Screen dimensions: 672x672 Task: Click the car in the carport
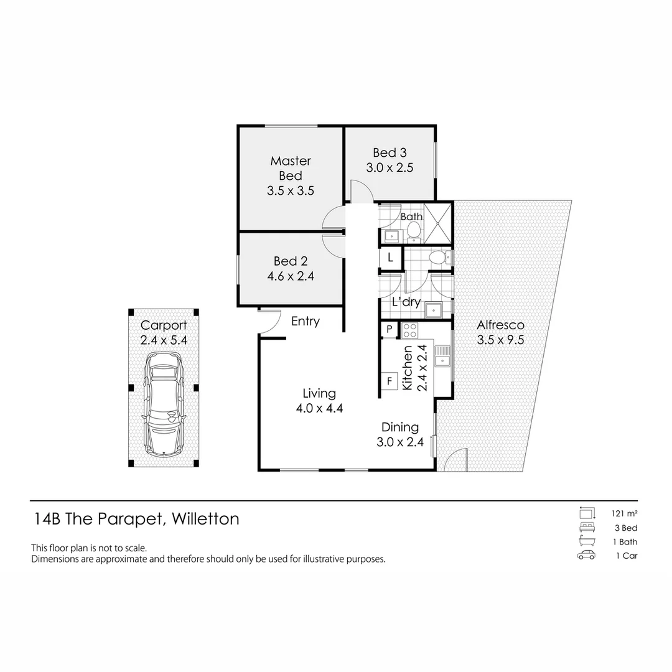click(x=163, y=403)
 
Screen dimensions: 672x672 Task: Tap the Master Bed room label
click(x=291, y=168)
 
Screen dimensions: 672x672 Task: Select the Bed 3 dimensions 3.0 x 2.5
click(x=390, y=167)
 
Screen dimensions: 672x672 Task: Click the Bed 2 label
click(x=291, y=261)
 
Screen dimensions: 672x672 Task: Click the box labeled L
click(x=391, y=257)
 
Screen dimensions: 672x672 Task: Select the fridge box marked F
click(x=390, y=380)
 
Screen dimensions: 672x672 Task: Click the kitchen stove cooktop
click(x=410, y=330)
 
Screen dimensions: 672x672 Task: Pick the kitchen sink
click(x=442, y=357)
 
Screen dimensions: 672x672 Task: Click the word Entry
click(x=305, y=321)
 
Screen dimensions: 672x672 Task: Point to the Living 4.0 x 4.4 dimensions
click(x=319, y=408)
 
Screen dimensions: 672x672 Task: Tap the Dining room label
click(x=399, y=427)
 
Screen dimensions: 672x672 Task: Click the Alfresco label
click(x=500, y=325)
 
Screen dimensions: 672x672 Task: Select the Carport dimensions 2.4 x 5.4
click(x=163, y=340)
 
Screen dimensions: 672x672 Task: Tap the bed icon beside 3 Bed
click(x=586, y=528)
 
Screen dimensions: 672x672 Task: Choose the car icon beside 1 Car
click(x=586, y=556)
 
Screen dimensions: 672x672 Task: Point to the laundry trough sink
click(x=433, y=309)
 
